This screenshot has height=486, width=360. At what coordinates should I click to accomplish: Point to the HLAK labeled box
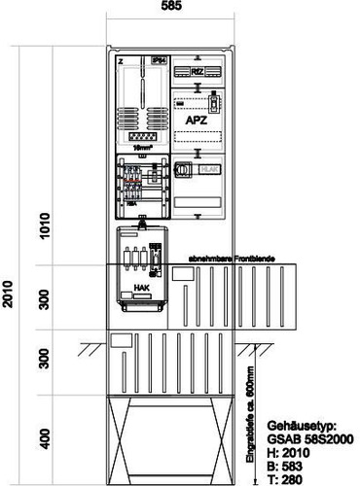tap(209, 169)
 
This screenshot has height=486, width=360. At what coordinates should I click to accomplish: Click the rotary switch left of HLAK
tap(182, 169)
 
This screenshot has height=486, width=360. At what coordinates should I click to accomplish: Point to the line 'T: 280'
tap(281, 475)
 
